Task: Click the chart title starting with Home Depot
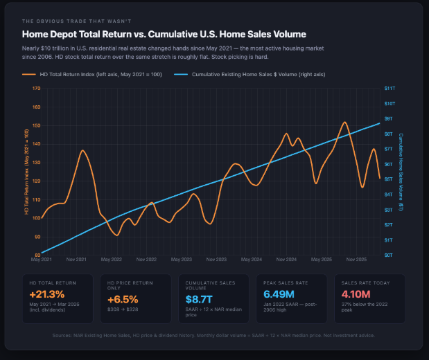pos(164,34)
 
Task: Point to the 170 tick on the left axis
pos(37,89)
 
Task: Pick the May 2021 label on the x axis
pos(42,260)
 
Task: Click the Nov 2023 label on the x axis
pos(216,260)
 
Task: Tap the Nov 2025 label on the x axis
pos(356,260)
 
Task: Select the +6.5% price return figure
pos(123,299)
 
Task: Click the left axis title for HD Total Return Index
pos(26,172)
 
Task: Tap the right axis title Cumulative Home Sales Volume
pos(401,172)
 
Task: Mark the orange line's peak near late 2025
pos(344,123)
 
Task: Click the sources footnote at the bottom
pos(214,336)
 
